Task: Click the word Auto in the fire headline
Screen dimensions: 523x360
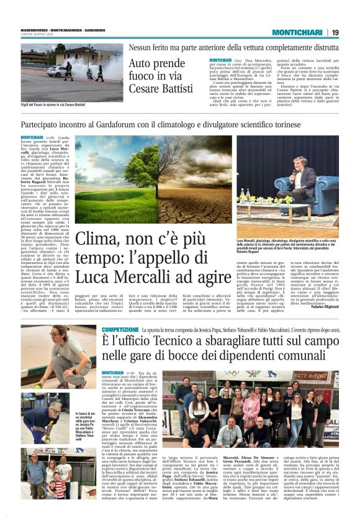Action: click(x=140, y=64)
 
